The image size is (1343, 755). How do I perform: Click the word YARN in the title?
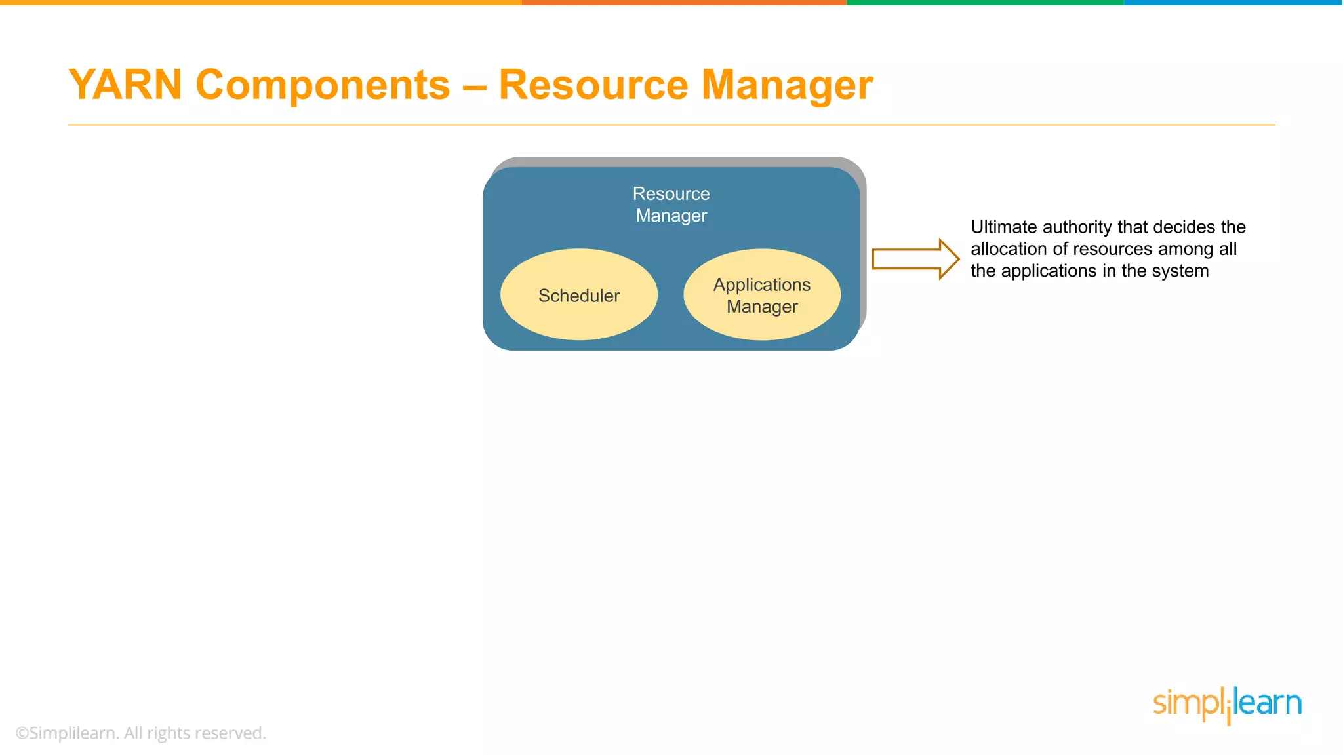(125, 85)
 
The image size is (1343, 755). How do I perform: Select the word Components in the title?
(323, 85)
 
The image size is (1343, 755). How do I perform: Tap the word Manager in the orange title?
(787, 85)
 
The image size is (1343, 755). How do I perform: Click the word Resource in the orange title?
(593, 85)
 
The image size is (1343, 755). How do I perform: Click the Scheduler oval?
(579, 295)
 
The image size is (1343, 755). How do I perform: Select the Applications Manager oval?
(762, 295)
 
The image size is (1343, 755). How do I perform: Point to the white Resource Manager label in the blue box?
(671, 204)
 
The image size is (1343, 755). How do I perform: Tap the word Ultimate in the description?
(1004, 227)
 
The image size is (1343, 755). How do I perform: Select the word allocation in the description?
(1009, 249)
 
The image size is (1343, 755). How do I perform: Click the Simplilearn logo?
(1227, 705)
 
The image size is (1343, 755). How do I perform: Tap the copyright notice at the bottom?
(140, 733)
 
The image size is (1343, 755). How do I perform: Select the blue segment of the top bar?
(1233, 3)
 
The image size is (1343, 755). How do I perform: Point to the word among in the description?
(1186, 249)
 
